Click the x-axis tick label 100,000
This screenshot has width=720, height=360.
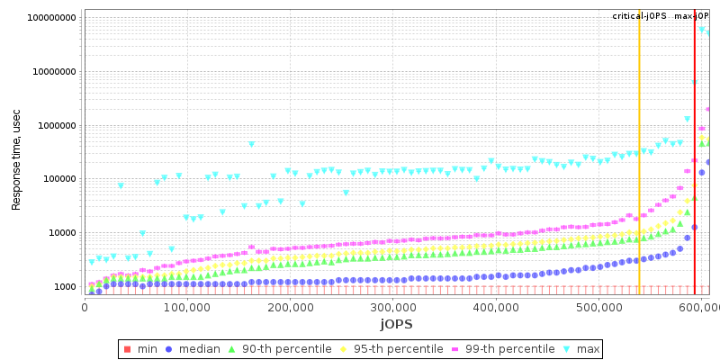187,308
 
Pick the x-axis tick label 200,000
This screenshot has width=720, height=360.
291,308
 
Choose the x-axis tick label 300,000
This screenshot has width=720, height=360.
393,308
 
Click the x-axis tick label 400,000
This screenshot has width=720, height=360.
497,308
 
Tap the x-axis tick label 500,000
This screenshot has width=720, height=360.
600,308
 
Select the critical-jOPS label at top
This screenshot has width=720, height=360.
639,16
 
